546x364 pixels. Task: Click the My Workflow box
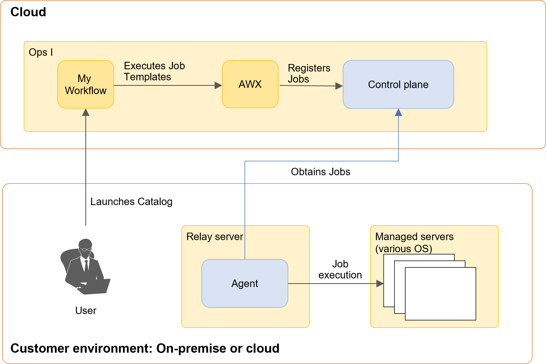tap(86, 84)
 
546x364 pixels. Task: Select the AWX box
tap(250, 84)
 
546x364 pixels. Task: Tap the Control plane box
tap(398, 84)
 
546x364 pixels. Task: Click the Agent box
tap(245, 283)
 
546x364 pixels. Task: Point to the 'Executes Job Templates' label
tap(154, 71)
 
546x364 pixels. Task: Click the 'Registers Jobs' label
tap(309, 73)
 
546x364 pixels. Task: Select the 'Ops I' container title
tap(41, 52)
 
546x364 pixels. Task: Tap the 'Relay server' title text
tap(214, 237)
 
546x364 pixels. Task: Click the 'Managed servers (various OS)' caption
tap(414, 242)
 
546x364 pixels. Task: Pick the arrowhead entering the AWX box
tap(218, 85)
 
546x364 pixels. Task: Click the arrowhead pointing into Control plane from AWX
tap(339, 86)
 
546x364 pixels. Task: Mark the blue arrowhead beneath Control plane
tap(398, 112)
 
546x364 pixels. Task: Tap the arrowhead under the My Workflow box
tap(86, 112)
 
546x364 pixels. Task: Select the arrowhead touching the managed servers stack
tap(380, 283)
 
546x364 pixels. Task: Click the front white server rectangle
tap(440, 294)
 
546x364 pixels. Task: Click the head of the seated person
tap(85, 245)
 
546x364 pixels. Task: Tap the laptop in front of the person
tap(95, 287)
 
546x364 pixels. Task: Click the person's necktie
tap(87, 265)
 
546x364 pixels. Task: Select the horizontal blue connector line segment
tap(322, 161)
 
